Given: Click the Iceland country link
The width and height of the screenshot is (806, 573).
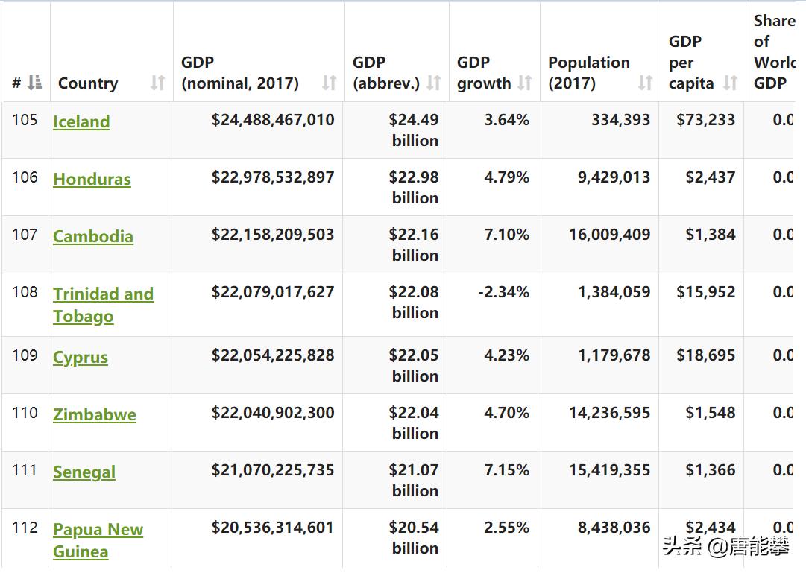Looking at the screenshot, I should (81, 121).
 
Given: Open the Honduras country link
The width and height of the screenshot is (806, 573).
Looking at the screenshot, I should (92, 179).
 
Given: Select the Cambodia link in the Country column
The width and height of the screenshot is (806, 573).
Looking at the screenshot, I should (93, 236).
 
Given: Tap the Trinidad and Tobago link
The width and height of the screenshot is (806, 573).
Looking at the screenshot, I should (103, 305).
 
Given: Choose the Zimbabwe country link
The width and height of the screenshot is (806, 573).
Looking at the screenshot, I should (95, 414).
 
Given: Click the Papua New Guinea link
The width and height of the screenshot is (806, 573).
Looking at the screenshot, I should (98, 540).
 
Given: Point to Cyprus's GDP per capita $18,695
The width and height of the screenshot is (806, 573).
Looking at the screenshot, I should (705, 355).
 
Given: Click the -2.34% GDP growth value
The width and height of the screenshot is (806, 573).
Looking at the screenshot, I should (503, 292).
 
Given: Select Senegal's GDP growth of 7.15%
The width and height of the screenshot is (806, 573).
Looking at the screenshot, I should (506, 470).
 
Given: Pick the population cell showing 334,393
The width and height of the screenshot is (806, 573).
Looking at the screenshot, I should (620, 120).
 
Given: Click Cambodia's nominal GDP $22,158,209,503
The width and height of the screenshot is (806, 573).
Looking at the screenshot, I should (273, 235).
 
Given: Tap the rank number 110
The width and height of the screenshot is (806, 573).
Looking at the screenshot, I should (25, 413).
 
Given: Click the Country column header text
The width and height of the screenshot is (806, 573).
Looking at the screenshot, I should (88, 83).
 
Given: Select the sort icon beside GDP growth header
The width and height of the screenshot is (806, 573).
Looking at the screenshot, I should (525, 83).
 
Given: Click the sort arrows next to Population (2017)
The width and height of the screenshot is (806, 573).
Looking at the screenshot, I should (645, 83).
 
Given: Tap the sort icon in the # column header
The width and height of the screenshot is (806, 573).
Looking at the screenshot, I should (35, 83).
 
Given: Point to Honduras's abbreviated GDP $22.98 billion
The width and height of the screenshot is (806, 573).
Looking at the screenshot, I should (414, 187).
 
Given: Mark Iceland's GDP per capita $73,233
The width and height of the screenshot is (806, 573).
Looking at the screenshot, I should (705, 120).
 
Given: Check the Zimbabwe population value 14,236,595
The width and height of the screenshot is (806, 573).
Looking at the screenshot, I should (609, 413).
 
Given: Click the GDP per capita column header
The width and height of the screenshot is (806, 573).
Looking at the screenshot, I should (690, 63).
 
